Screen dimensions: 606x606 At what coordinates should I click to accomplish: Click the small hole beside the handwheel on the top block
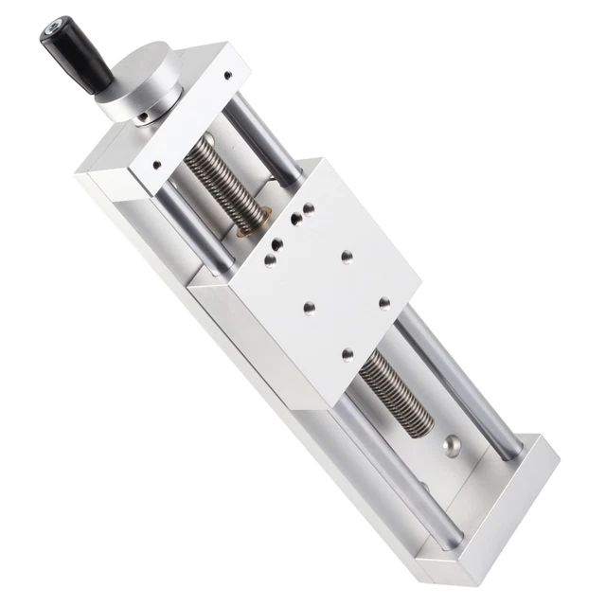(x=227, y=75)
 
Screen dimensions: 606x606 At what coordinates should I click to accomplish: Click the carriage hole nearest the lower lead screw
(x=347, y=354)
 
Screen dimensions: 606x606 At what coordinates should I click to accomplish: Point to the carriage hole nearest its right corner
(x=384, y=303)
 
